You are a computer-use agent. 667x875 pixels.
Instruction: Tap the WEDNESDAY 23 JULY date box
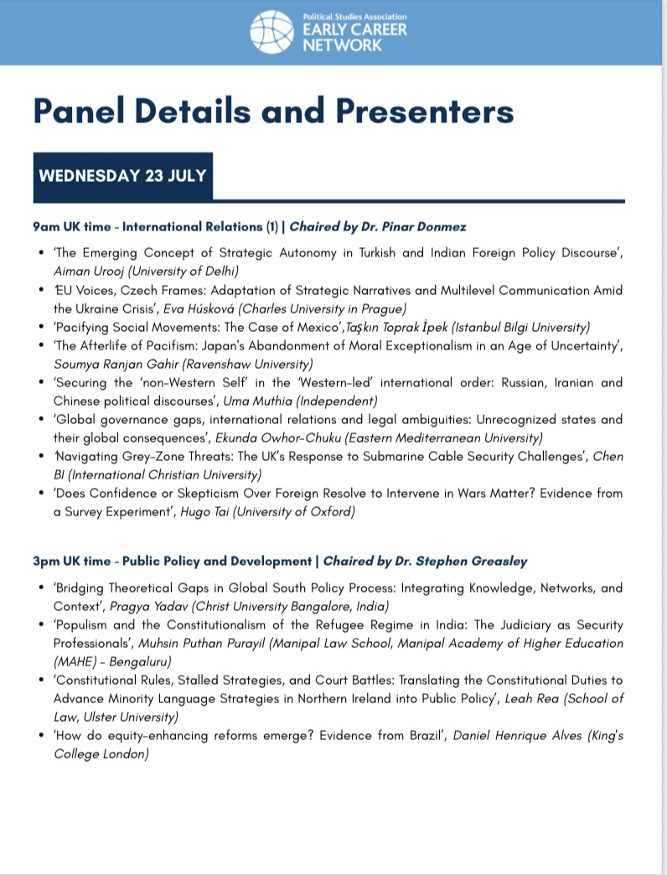tap(122, 177)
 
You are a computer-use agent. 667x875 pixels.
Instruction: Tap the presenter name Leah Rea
tap(528, 698)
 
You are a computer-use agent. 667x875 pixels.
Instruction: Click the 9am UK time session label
tap(75, 226)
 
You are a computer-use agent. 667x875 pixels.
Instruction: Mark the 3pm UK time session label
tap(75, 561)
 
